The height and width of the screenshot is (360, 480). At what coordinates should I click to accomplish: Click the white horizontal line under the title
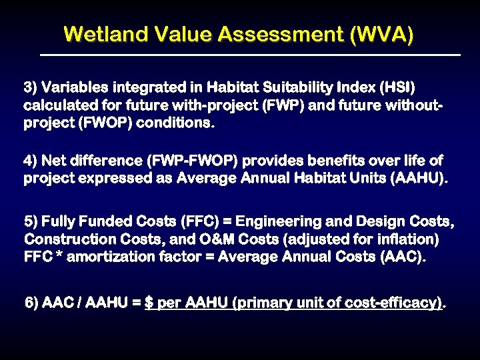pyautogui.click(x=250, y=54)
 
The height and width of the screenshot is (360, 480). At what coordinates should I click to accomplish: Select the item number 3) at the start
pyautogui.click(x=31, y=87)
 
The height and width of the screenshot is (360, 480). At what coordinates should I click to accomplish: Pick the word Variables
pyautogui.click(x=75, y=87)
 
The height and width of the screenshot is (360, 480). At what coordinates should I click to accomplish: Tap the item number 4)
pyautogui.click(x=31, y=161)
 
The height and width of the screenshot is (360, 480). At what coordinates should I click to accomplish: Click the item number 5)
pyautogui.click(x=31, y=221)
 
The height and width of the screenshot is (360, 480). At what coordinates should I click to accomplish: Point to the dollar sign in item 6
pyautogui.click(x=149, y=303)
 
